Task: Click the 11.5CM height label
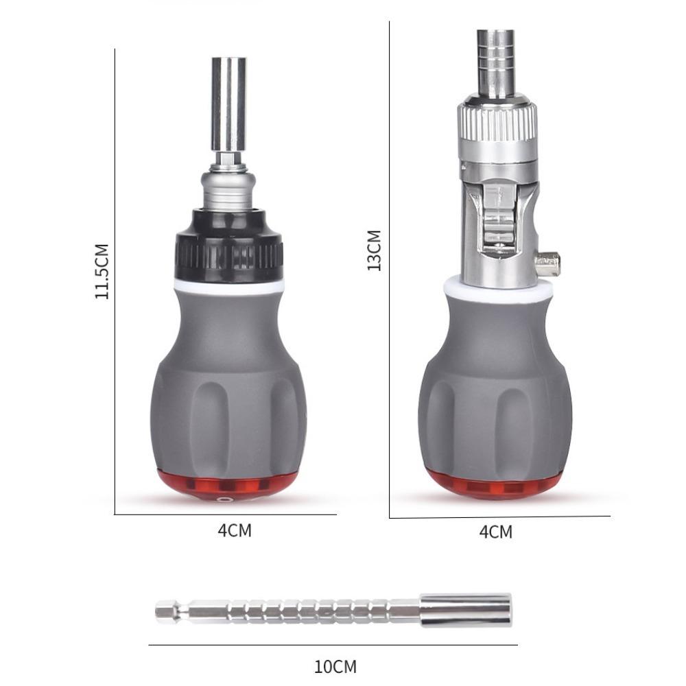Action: pyautogui.click(x=102, y=271)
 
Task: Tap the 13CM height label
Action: pyautogui.click(x=374, y=250)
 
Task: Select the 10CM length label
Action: pyautogui.click(x=335, y=667)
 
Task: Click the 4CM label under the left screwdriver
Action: pyautogui.click(x=235, y=530)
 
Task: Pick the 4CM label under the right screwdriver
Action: pyautogui.click(x=496, y=532)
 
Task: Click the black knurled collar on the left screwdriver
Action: pyautogui.click(x=229, y=250)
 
